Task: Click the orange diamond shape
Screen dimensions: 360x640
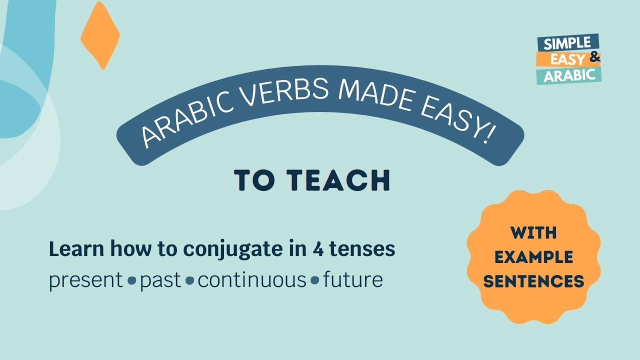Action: pos(100,35)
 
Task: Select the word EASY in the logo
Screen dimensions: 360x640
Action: pos(568,59)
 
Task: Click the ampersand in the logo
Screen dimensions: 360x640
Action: pos(594,57)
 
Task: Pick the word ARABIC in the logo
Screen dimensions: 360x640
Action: pos(569,75)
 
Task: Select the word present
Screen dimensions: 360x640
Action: pos(85,280)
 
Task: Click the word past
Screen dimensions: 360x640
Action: pos(160,280)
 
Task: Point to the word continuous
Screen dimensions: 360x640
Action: pos(251,280)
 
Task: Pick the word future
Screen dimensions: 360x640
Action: pos(353,280)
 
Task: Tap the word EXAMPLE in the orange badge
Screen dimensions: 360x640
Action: pos(534,257)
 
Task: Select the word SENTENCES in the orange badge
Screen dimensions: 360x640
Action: pos(534,281)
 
